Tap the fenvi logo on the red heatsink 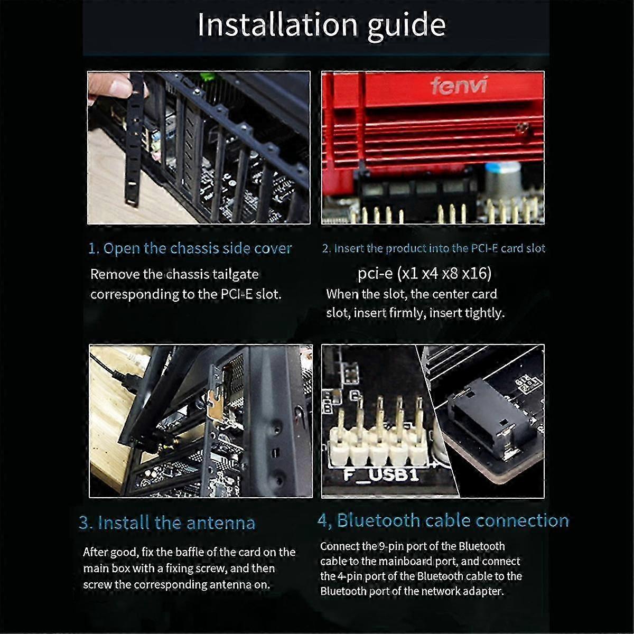458,86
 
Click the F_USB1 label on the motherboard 380,474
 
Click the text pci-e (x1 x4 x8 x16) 424,273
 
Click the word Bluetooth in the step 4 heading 378,520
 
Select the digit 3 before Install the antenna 83,523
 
